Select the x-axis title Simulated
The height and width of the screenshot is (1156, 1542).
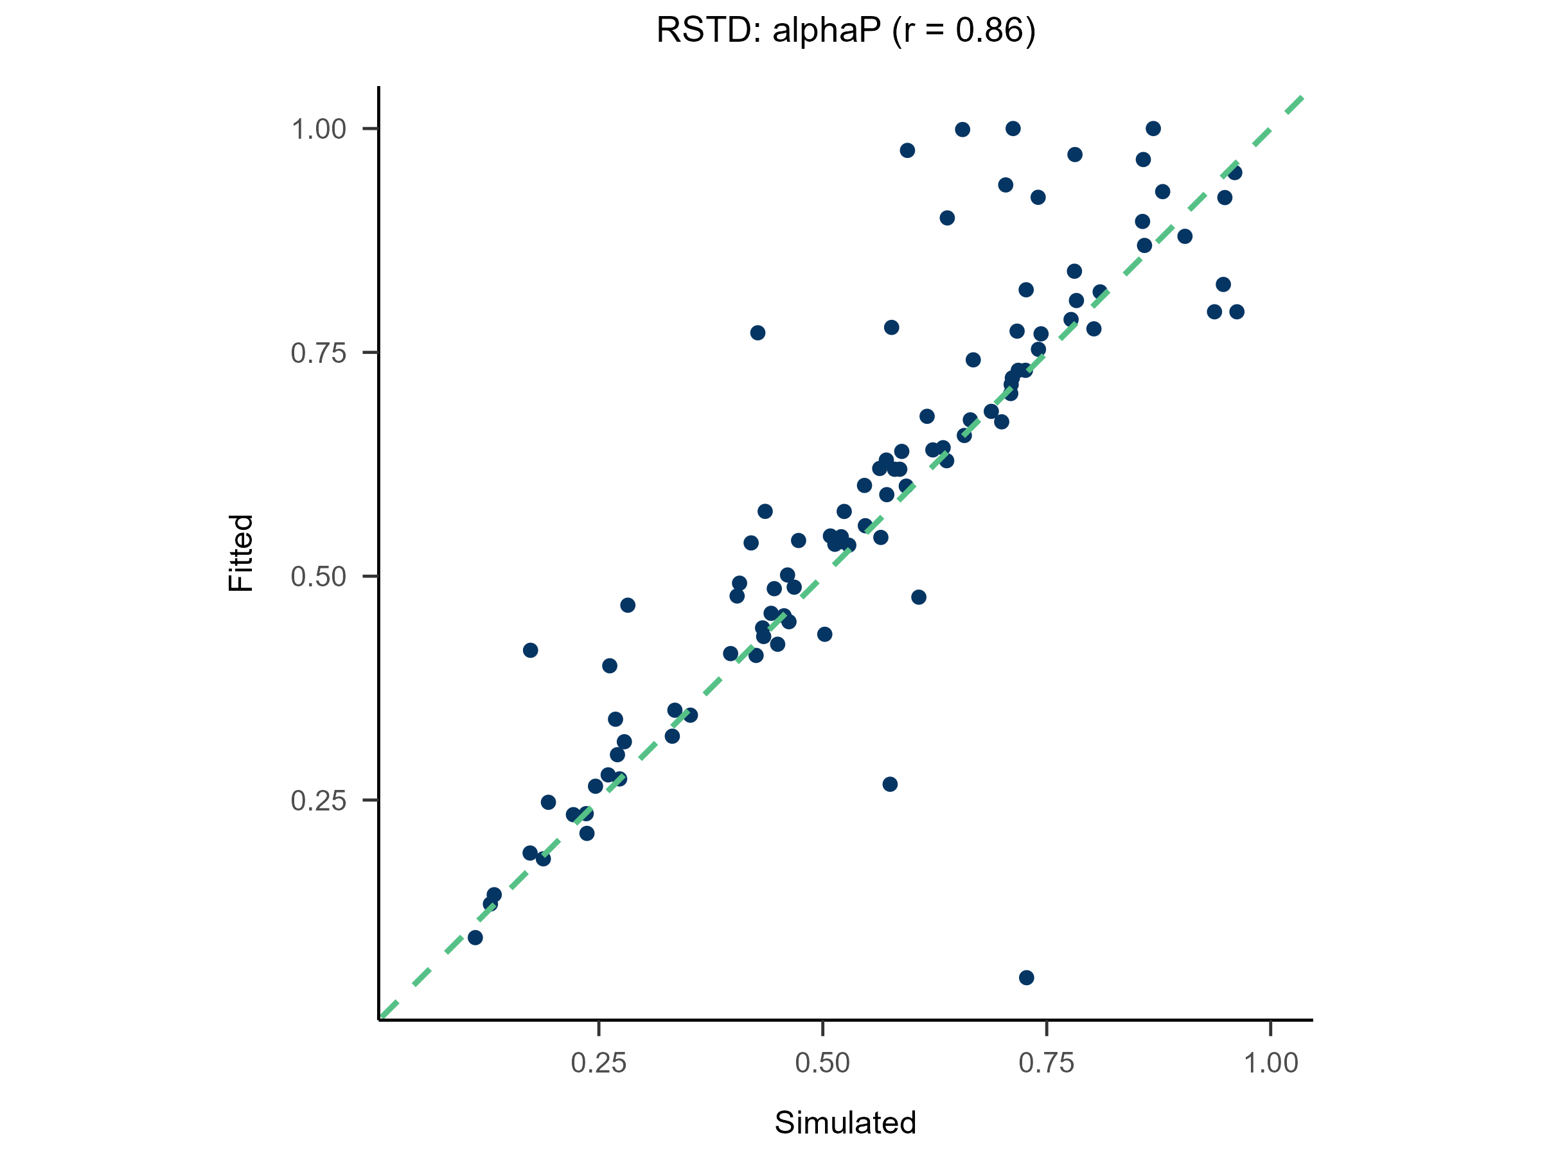pos(845,1123)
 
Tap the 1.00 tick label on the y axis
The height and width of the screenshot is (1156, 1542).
pos(318,130)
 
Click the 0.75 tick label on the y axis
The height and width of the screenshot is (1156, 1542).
pos(318,354)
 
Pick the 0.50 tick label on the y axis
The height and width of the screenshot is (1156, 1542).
pos(318,577)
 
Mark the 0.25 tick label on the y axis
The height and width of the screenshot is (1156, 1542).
pos(318,801)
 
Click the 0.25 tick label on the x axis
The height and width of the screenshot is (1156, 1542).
pos(598,1064)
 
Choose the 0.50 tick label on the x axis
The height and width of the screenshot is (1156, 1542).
pos(822,1064)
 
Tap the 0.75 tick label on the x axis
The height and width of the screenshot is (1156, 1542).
pos(1047,1064)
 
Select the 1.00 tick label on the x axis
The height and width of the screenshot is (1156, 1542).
pos(1271,1064)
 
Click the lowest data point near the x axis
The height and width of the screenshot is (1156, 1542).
pos(1026,977)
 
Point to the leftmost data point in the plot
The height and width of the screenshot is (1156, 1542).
pos(475,937)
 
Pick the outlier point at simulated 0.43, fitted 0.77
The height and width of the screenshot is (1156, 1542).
pos(758,333)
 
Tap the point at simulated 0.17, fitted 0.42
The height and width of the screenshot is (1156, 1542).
pos(531,650)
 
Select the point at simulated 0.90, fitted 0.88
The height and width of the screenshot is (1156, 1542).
pos(1184,236)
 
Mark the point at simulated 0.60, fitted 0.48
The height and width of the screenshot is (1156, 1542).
pos(919,597)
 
